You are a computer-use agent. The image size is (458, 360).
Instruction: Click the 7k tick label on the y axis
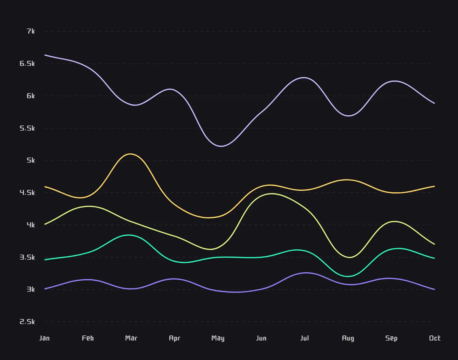coord(31,31)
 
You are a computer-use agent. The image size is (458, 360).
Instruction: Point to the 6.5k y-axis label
coord(27,63)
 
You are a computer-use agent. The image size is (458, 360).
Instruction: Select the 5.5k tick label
coord(27,128)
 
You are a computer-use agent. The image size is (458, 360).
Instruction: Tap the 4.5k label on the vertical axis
coord(27,193)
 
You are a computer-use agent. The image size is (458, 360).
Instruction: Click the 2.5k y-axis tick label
coord(27,322)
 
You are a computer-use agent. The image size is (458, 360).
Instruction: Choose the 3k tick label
coord(31,289)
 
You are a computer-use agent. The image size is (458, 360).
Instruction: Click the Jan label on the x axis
coord(44,338)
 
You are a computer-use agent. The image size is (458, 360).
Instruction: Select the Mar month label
coord(131,338)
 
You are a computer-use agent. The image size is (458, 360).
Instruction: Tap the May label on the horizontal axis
coord(218,338)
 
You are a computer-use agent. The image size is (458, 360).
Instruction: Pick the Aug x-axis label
coord(348,338)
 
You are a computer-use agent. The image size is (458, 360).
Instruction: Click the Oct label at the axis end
coord(435,338)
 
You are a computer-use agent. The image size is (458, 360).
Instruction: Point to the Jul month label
coord(305,338)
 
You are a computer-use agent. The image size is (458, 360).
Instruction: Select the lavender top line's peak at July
coord(305,78)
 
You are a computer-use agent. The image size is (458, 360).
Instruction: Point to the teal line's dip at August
coord(348,276)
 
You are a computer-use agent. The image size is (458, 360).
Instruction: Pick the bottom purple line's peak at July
coord(306,273)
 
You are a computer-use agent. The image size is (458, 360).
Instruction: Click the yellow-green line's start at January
coord(45,224)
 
